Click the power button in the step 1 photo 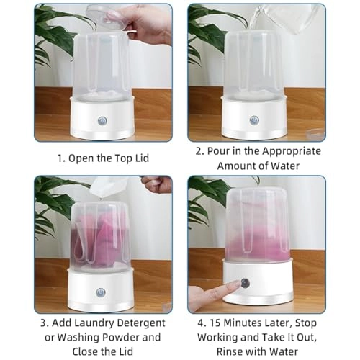(102, 121)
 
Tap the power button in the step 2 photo (254, 120)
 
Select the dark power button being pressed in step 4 (245, 284)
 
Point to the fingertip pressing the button (236, 284)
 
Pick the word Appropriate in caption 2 (292, 152)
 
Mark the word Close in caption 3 (85, 351)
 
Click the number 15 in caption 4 (215, 323)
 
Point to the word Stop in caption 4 (306, 323)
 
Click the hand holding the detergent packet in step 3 (157, 184)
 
